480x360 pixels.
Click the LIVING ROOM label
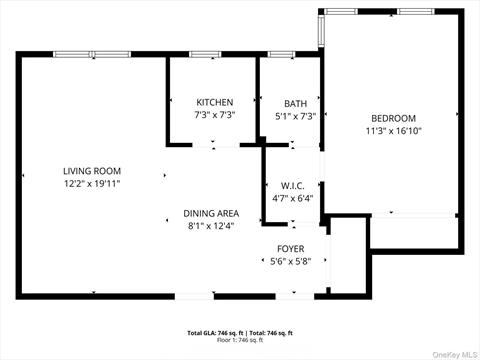click(92, 171)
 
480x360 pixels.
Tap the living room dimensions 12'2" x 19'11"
click(92, 184)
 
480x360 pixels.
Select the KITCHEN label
click(214, 102)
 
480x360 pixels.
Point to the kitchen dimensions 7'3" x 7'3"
click(214, 116)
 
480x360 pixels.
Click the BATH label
click(295, 103)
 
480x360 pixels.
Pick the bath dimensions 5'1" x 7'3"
click(295, 116)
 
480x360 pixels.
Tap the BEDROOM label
click(394, 117)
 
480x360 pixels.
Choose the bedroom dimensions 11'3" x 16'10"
click(394, 130)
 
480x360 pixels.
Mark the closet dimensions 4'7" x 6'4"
click(293, 197)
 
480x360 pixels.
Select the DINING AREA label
click(211, 213)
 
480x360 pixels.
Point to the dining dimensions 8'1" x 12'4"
click(211, 226)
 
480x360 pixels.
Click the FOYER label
click(291, 248)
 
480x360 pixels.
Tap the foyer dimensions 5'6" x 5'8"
click(291, 262)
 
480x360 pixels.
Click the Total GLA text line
click(239, 332)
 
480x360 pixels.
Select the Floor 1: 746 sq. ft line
click(239, 340)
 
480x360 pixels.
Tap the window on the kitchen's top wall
click(205, 54)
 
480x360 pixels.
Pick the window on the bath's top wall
click(281, 54)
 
